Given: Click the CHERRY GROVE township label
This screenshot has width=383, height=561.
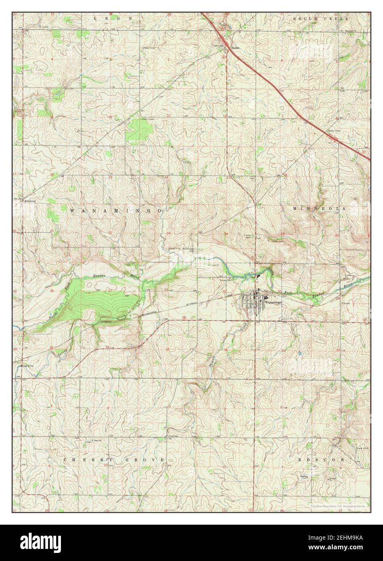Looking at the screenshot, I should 114,460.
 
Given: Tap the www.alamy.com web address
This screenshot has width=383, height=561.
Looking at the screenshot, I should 351,549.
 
